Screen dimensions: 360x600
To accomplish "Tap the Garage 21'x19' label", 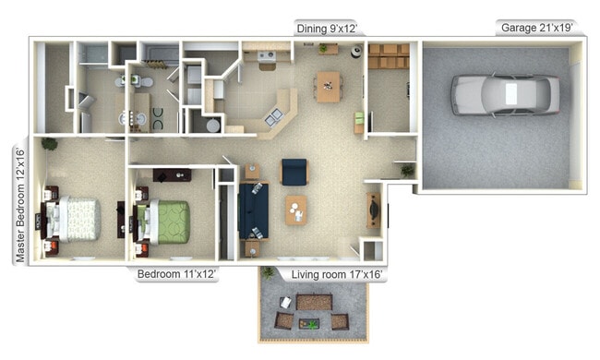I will [x=537, y=29].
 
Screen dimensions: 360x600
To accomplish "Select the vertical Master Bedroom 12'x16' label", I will [x=19, y=204].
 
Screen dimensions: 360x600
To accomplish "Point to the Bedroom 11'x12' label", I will [x=177, y=275].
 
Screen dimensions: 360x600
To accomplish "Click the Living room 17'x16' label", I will [x=338, y=275].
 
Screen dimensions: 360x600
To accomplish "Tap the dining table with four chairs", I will [x=328, y=86].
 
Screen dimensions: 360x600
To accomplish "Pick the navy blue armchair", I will [x=294, y=171].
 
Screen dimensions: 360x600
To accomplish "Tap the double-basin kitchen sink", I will [x=275, y=116].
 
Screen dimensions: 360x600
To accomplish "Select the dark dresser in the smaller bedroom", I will [x=173, y=175].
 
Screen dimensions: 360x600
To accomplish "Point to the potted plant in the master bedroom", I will [x=48, y=143].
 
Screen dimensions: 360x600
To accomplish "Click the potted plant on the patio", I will [x=268, y=272].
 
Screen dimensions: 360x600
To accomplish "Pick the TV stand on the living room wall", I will [x=373, y=211].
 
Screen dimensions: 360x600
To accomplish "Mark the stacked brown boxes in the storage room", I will [x=388, y=55].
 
